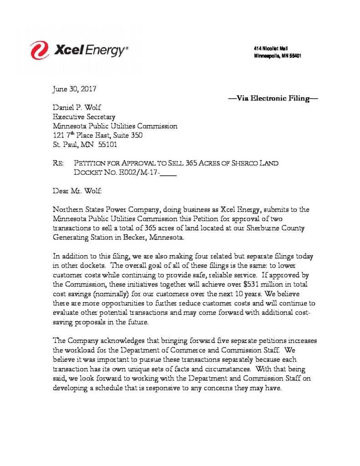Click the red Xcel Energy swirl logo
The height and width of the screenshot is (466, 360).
coord(40,50)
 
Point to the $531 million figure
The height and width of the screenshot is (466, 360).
coord(266,284)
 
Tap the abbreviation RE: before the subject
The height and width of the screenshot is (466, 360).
coord(59,163)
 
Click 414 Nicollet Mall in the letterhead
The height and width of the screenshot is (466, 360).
coord(271,49)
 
